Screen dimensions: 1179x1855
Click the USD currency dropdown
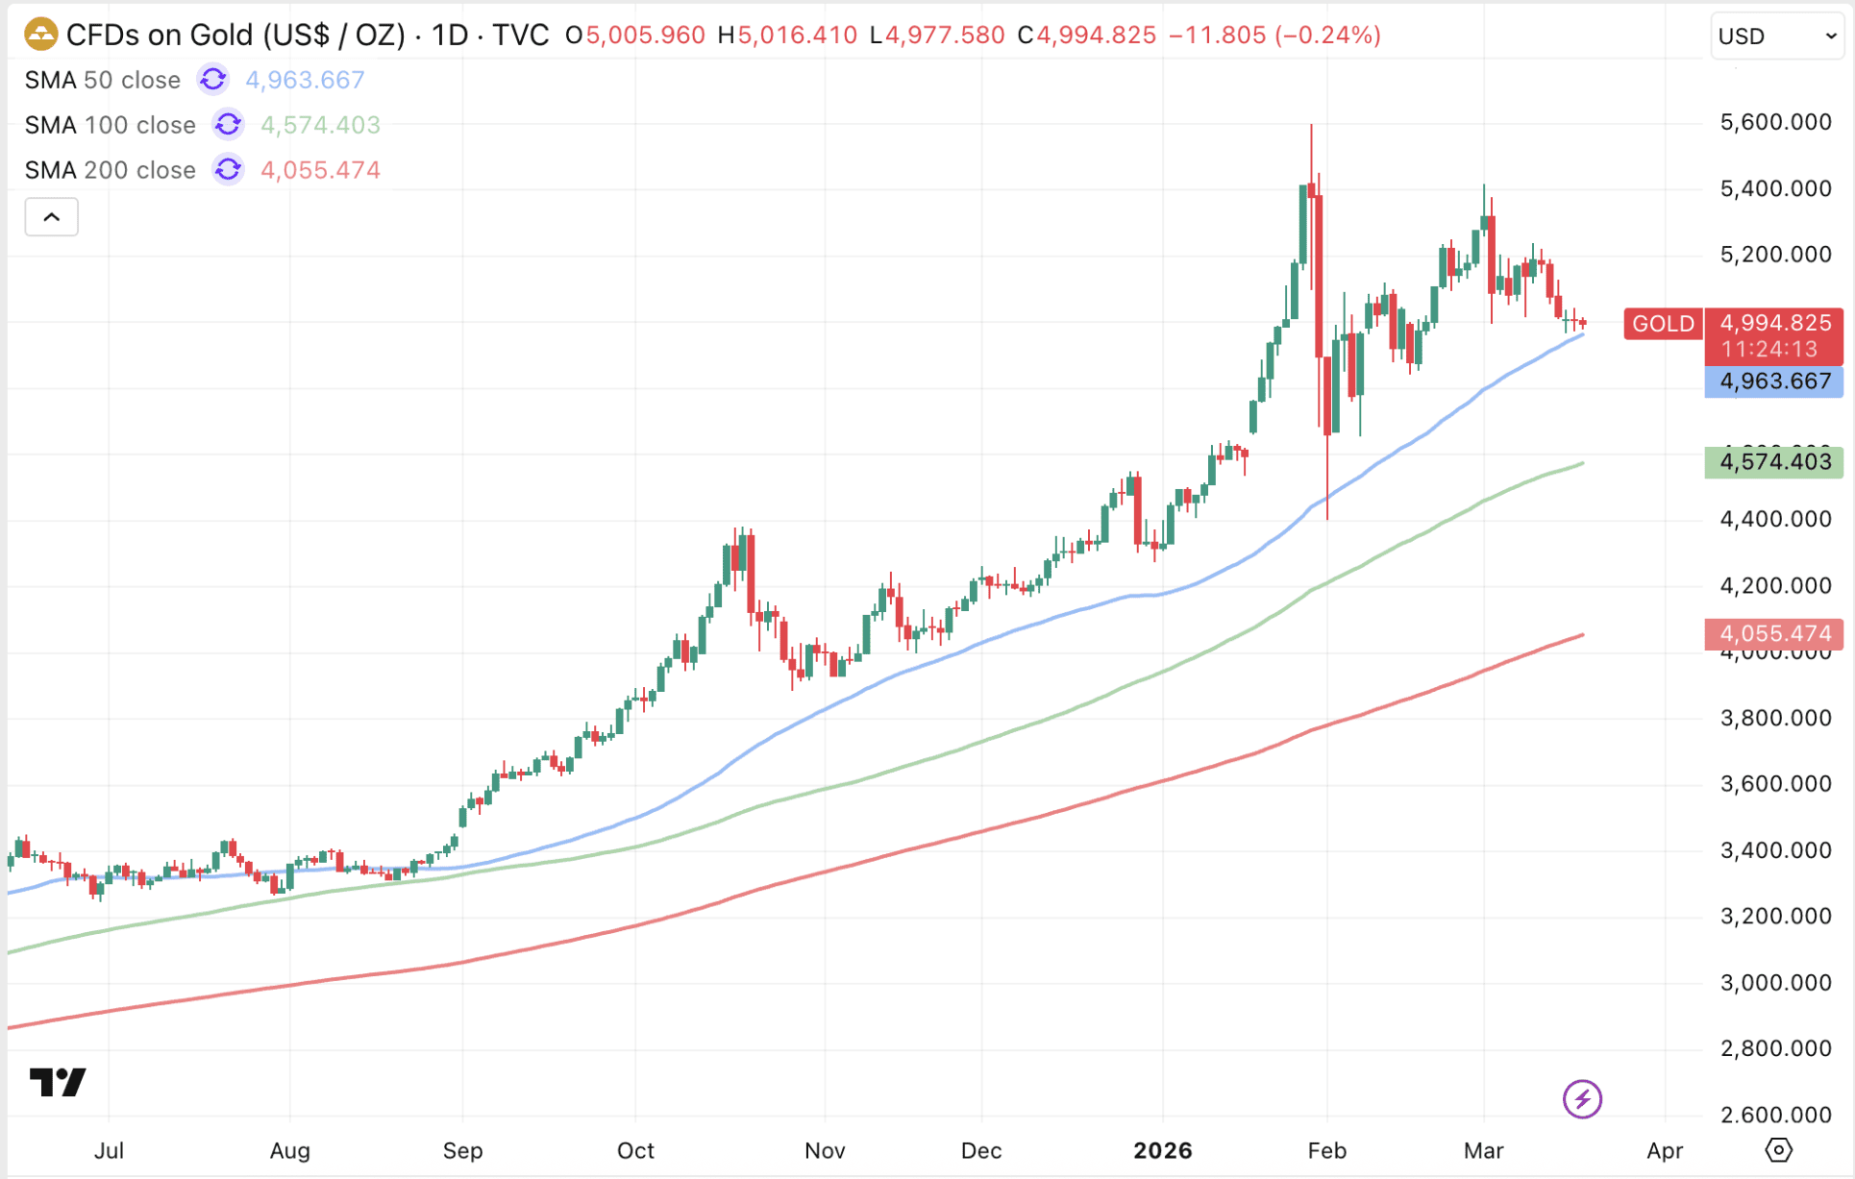1776,37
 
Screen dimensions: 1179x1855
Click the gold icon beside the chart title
40,35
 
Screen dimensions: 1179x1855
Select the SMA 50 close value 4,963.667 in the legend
305,80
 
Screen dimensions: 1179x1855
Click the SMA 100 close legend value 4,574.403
320,125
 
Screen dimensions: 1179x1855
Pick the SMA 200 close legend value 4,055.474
320,170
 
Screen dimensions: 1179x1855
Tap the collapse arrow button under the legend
52,217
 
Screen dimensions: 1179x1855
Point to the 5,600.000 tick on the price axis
1775,122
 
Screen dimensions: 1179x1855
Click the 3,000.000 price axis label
1775,982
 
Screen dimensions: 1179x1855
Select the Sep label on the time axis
462,1150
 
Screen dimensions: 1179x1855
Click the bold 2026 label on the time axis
1162,1150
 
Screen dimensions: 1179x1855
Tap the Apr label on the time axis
1665,1150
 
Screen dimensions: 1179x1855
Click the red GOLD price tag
1663,324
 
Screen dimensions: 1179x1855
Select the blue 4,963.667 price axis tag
1774,381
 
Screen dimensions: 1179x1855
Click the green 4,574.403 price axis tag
1774,462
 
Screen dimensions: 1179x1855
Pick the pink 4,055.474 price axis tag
1774,634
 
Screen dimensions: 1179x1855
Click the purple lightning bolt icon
1582,1099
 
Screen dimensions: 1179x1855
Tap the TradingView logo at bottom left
58,1083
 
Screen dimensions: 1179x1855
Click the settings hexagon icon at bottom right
1778,1150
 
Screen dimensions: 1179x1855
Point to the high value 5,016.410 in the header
797,36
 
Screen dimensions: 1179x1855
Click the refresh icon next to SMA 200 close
228,170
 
